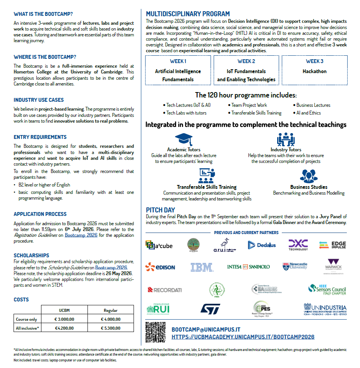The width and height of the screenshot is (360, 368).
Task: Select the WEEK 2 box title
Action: point(246,61)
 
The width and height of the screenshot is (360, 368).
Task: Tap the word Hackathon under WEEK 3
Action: point(314,71)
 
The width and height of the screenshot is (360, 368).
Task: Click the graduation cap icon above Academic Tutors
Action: point(183,139)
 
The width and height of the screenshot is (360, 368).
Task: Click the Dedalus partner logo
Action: point(262,245)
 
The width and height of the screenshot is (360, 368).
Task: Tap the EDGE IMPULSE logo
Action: point(333,245)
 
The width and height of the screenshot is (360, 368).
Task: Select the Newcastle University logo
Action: point(295,266)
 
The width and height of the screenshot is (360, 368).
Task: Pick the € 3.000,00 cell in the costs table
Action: point(64,319)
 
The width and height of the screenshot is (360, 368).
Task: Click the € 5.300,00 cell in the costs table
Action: point(110,329)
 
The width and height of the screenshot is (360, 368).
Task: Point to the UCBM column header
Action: point(64,310)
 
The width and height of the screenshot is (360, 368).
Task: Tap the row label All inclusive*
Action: point(27,329)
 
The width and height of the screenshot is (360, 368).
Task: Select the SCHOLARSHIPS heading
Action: point(31,255)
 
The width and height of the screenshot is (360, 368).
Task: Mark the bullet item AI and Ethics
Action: point(309,113)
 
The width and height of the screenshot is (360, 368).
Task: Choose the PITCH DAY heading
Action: point(160,210)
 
